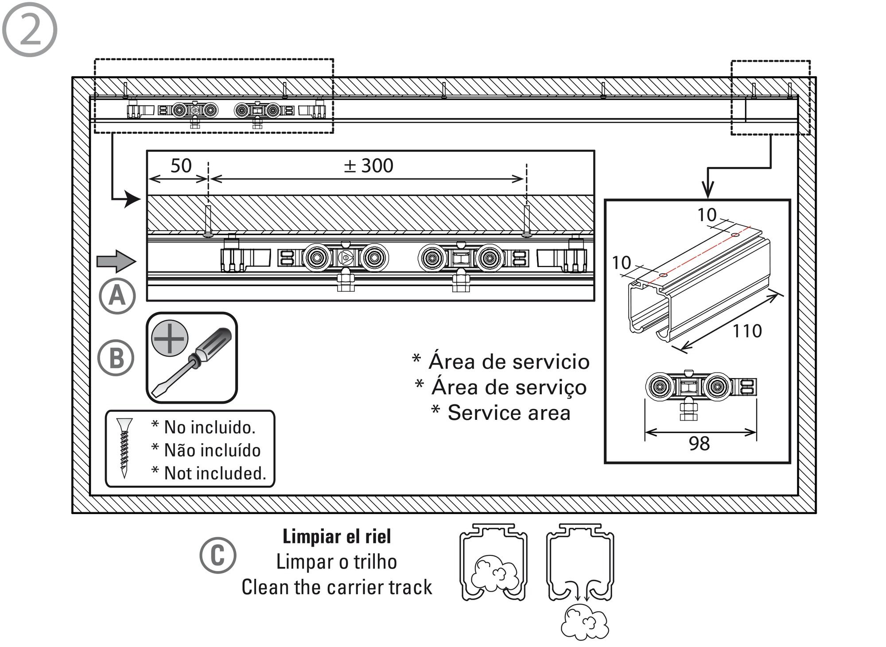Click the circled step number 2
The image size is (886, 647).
coord(30,30)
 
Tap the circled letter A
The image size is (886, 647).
coord(117,296)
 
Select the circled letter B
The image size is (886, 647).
coord(116,358)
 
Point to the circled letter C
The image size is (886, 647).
coord(218,555)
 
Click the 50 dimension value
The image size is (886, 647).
coord(181,166)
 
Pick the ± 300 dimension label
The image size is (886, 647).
coord(369,166)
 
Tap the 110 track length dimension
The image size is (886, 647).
coord(747,331)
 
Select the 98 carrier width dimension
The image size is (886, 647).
coord(699,443)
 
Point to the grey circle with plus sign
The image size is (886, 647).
coord(170,338)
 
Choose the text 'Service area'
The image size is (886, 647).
coord(509,413)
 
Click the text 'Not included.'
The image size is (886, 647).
coord(215,473)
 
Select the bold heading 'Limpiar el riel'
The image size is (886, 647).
coord(337,537)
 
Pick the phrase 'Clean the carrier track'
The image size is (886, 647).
coord(337,587)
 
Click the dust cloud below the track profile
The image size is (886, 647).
coord(585,624)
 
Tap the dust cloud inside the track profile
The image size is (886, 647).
coord(494,573)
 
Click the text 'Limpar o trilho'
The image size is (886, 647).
coord(337,562)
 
